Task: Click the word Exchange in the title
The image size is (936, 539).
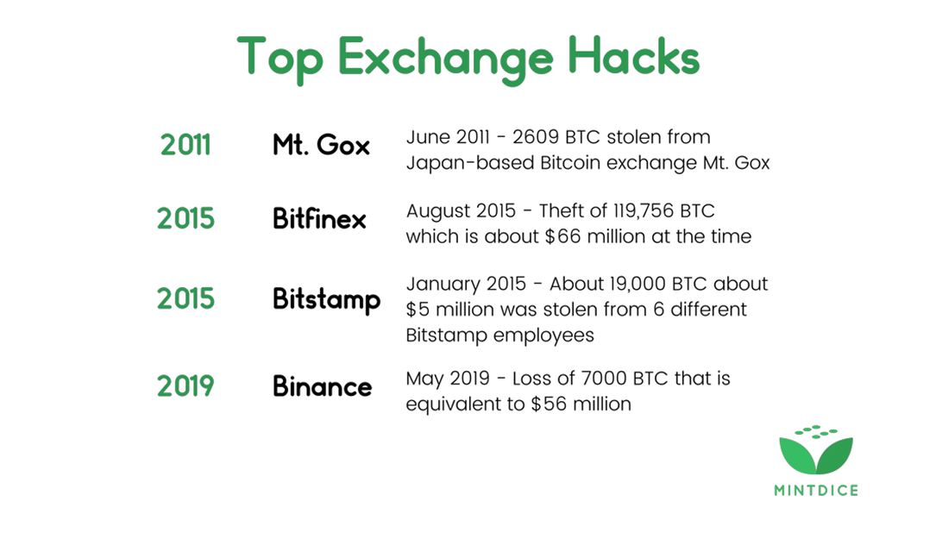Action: [446, 60]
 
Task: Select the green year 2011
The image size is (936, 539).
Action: [185, 145]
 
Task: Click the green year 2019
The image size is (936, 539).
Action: [185, 386]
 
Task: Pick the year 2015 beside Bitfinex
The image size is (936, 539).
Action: [185, 218]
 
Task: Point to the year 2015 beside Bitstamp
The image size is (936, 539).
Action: [185, 298]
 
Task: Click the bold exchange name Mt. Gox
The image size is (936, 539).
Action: [321, 145]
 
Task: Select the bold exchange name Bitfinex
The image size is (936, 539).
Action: [319, 218]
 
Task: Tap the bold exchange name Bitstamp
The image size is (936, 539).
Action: [327, 299]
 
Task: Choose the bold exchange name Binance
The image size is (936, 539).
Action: [323, 386]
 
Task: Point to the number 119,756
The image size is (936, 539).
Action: [638, 211]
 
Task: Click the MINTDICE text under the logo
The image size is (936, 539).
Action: [816, 491]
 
